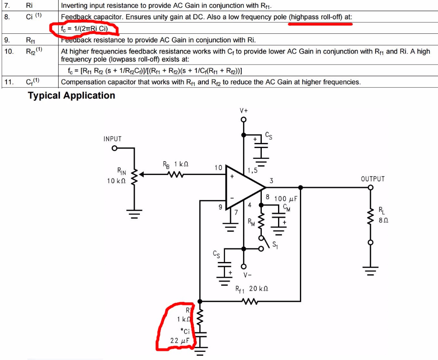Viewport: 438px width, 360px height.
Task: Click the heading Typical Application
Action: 71,95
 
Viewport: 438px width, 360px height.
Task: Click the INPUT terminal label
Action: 112,139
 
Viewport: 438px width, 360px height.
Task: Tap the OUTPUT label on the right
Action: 373,179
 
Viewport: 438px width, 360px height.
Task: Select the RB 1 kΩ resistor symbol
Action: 176,174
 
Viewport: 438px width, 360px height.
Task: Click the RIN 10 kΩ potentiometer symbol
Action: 135,175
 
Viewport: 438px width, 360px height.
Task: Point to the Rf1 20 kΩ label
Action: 252,289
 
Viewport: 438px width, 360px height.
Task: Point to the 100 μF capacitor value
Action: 285,199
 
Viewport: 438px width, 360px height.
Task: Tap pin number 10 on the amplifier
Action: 218,167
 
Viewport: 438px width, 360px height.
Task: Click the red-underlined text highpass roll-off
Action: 320,18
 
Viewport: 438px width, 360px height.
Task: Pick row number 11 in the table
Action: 9,82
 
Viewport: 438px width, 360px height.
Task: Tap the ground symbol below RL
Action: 370,270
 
